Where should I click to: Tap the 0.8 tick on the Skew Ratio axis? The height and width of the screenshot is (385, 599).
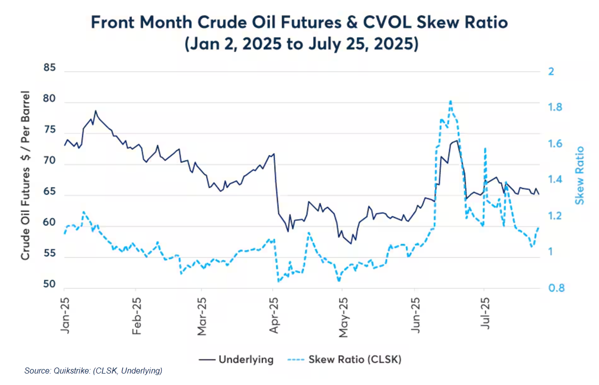coord(558,288)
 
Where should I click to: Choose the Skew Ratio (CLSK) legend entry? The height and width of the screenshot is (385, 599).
coord(355,359)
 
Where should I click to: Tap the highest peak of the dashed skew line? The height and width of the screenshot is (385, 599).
coord(451,101)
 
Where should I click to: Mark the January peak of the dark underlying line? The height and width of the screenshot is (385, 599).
coord(95,111)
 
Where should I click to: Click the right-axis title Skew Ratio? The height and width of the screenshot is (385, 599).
coord(580,175)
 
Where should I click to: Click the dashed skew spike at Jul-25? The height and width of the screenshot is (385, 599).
coord(485,148)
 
